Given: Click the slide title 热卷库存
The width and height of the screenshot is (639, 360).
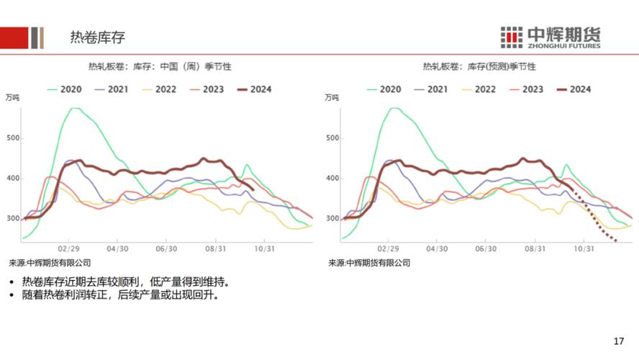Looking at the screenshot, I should click(96, 37).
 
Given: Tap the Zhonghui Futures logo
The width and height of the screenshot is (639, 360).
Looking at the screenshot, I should click(550, 37).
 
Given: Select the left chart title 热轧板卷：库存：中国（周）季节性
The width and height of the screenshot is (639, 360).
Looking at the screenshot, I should click(160, 66).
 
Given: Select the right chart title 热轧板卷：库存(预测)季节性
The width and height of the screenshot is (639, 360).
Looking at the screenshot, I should click(479, 66).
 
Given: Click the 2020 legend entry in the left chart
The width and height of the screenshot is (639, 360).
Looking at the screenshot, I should click(64, 89).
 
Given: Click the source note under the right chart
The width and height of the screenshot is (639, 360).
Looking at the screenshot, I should click(369, 263).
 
